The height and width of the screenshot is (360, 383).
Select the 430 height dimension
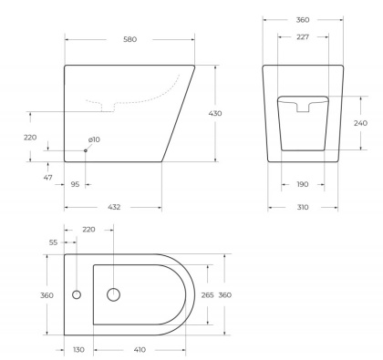[215, 113]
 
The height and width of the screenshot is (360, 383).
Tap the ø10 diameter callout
[93, 139]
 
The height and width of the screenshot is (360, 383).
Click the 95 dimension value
[75, 184]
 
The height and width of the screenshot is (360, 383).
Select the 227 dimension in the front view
[302, 37]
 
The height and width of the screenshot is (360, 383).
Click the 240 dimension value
[360, 123]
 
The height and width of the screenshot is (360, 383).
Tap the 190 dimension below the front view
[302, 184]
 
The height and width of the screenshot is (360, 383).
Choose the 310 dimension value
[302, 207]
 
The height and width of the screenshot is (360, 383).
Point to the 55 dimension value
[54, 242]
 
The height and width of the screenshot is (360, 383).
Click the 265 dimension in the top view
[207, 294]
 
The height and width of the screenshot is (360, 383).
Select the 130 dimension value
[78, 349]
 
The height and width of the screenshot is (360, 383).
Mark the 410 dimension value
[139, 349]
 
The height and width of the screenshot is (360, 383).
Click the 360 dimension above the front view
[302, 17]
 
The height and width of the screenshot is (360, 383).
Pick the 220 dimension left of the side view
[31, 138]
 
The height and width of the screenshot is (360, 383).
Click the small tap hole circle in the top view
[76, 294]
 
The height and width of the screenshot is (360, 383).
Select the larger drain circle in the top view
[113, 294]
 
